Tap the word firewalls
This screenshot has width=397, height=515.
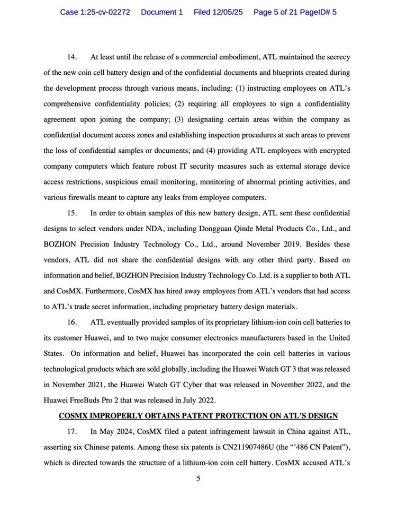105,198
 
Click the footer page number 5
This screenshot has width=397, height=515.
198,479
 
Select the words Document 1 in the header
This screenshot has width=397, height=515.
162,12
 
